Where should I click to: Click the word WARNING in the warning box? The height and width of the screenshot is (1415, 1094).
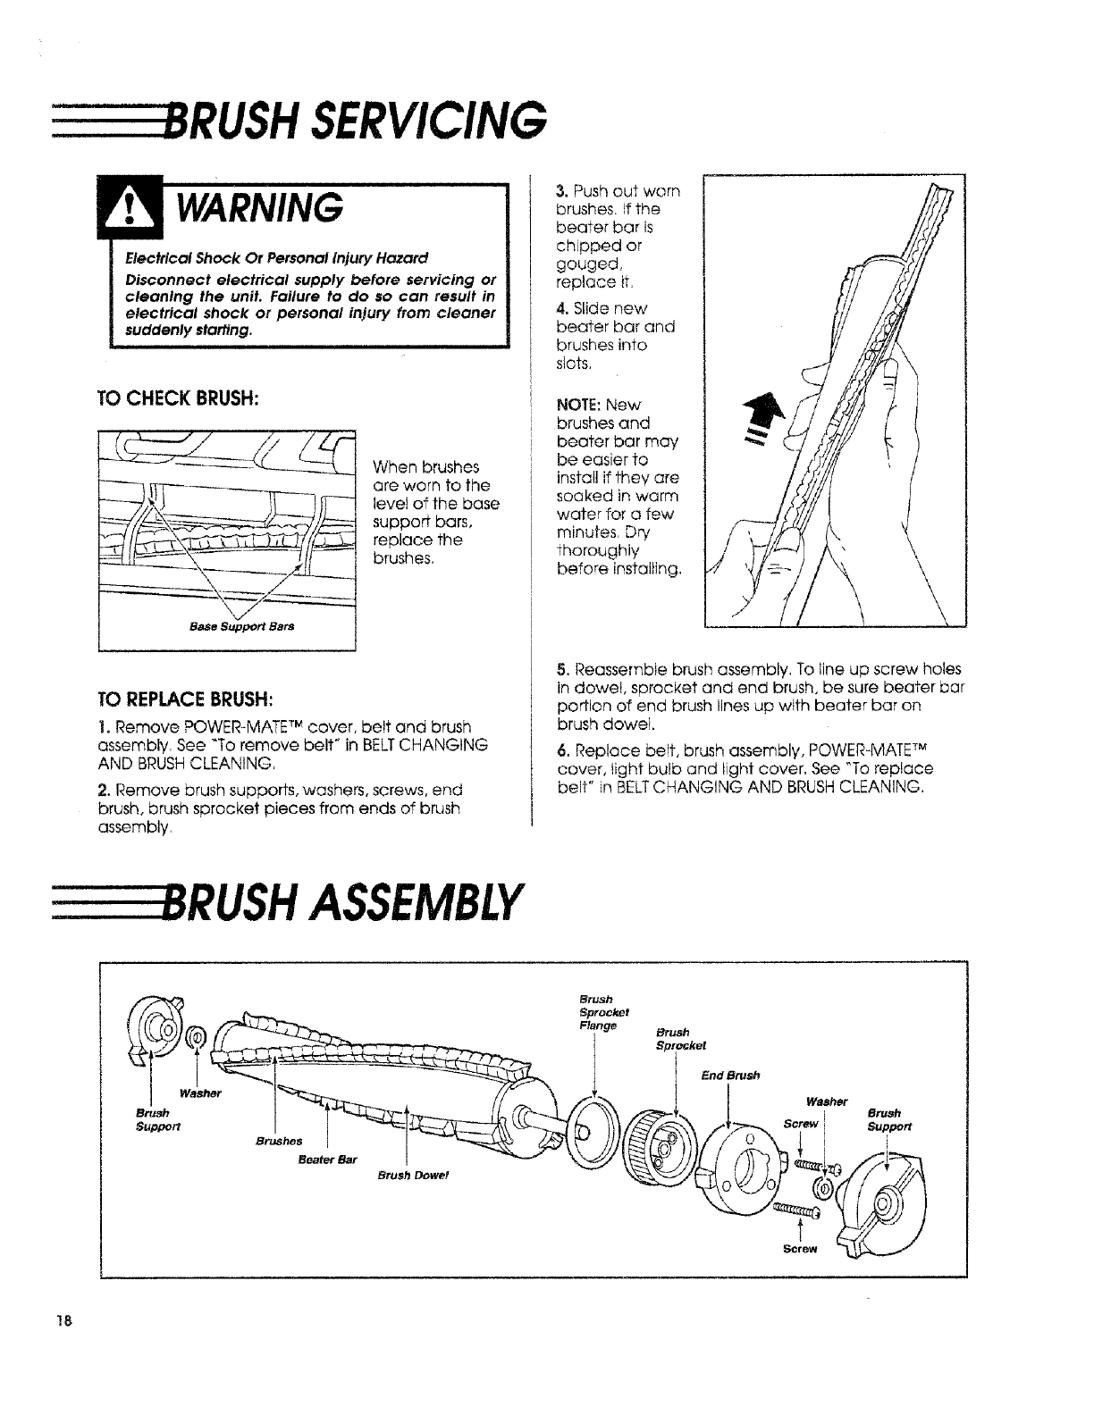259,208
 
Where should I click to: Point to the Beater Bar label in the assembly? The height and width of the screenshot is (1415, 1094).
327,1160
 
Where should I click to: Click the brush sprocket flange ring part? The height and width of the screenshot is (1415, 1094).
589,1134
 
